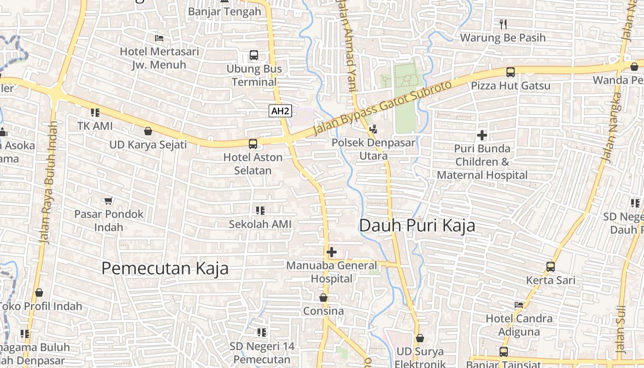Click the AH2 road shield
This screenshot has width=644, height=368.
(x=280, y=111)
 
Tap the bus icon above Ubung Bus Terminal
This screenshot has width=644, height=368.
(x=253, y=55)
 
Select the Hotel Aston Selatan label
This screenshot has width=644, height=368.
(x=253, y=164)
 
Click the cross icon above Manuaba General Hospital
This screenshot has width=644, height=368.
(x=331, y=252)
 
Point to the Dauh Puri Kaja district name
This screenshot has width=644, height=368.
(x=417, y=226)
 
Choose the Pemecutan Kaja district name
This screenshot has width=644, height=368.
(x=165, y=268)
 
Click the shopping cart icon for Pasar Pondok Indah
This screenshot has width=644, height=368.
(x=109, y=201)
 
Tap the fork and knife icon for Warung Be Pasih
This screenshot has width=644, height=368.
(x=503, y=24)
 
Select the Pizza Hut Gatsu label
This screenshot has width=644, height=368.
(x=510, y=86)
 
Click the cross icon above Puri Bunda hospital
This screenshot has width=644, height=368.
(x=482, y=135)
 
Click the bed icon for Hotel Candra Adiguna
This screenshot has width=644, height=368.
(x=519, y=305)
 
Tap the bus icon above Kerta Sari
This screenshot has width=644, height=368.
(x=550, y=267)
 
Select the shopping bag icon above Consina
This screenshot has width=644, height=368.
(x=323, y=298)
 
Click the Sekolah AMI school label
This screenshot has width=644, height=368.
(x=260, y=224)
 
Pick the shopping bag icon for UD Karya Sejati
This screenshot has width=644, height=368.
(x=148, y=132)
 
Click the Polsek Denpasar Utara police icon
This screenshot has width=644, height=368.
(x=373, y=130)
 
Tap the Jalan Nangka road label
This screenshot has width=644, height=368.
(x=612, y=127)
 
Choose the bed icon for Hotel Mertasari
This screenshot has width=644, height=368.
(x=159, y=38)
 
